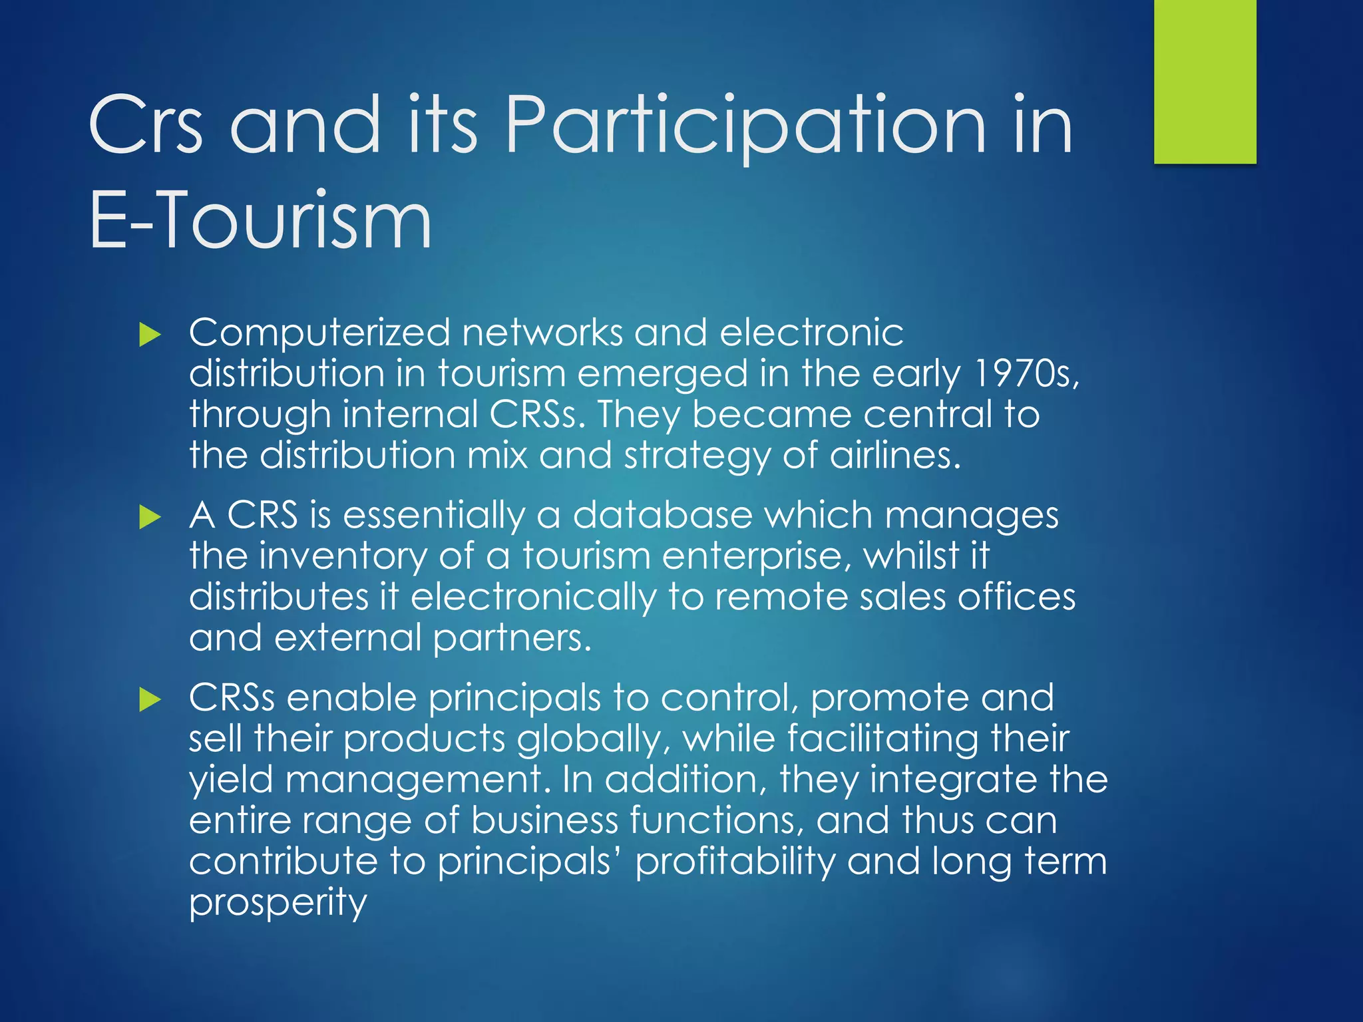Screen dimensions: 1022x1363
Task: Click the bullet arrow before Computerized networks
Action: point(150,335)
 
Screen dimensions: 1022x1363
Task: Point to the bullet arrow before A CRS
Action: point(150,517)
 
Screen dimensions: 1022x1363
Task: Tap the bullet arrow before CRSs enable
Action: point(150,699)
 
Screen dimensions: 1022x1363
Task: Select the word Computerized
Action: point(319,333)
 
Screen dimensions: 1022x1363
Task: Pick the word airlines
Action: point(895,455)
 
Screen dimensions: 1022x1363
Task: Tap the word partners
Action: point(512,639)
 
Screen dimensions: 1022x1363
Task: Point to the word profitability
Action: point(735,862)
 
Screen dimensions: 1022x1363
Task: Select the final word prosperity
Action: point(278,904)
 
